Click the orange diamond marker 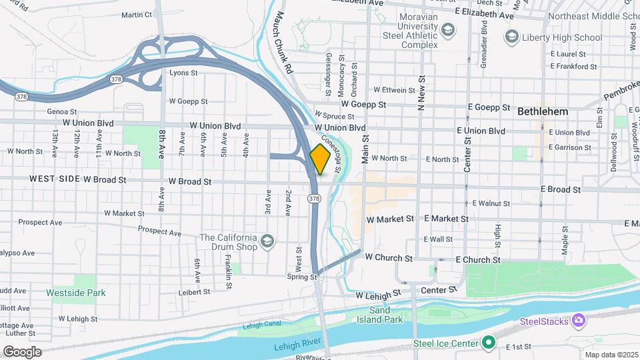pos(321,159)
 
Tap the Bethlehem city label pos(543,111)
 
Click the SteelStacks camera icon pos(578,321)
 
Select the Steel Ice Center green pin pos(489,343)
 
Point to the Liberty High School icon pos(512,35)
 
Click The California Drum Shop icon pos(267,240)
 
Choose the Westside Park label pos(76,292)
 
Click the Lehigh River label pos(297,347)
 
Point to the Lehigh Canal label pos(259,325)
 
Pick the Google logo pos(22,351)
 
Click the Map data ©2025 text pos(611,355)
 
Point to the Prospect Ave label pos(160,233)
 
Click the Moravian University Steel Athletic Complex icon pos(448,29)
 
